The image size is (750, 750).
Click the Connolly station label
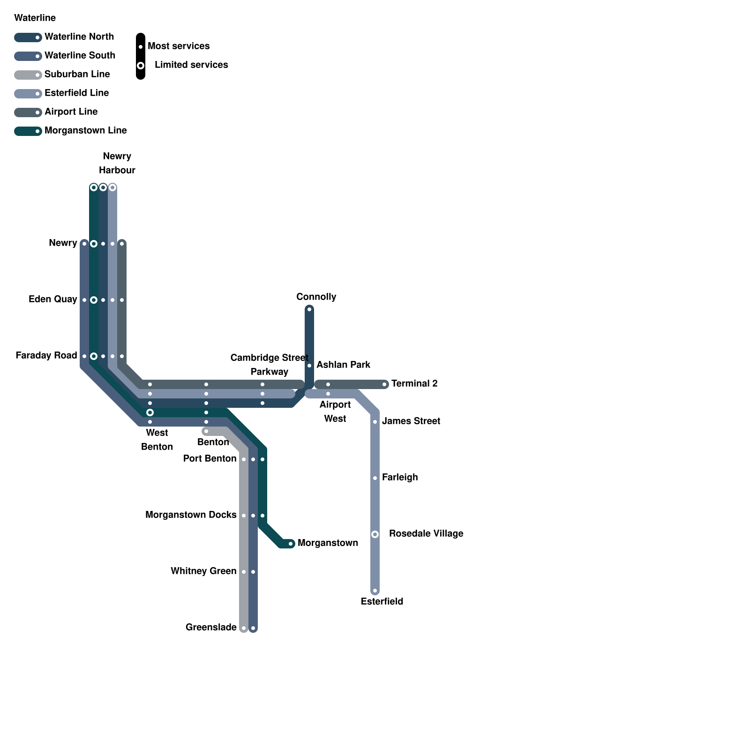[x=316, y=297]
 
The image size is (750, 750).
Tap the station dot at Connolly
[x=309, y=309]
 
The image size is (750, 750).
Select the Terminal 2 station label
[x=414, y=383]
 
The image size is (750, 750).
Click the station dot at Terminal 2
[x=384, y=384]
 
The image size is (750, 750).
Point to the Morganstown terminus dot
[x=291, y=544]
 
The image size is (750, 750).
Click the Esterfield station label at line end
[x=382, y=601]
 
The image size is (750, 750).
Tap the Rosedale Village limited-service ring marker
[x=375, y=534]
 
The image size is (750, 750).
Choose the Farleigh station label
[x=399, y=477]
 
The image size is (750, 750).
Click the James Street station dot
[x=375, y=422]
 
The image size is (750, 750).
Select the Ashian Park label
[x=343, y=365]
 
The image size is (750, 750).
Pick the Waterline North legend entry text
[x=79, y=37]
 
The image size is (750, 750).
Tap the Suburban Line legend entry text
[x=77, y=74]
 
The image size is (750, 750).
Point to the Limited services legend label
[x=191, y=65]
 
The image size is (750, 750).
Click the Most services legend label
[x=179, y=46]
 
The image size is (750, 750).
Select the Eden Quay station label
[x=52, y=299]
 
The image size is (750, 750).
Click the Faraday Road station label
[x=46, y=355]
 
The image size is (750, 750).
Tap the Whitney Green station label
[x=203, y=571]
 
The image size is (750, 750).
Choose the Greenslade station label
[x=211, y=627]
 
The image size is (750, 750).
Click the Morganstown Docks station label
[x=191, y=515]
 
